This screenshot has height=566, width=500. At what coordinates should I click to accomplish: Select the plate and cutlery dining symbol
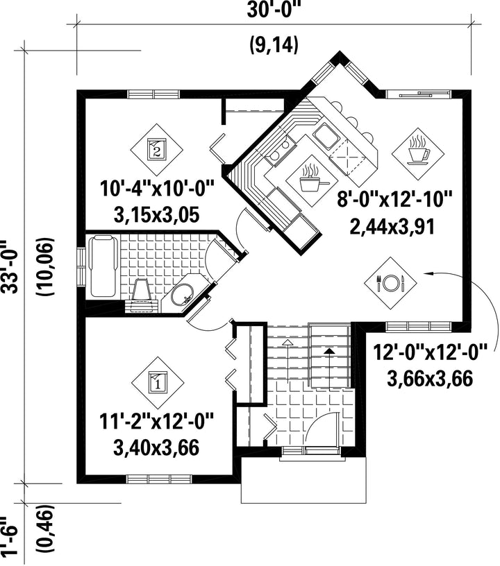390,283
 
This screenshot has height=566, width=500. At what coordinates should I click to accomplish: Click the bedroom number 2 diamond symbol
156,150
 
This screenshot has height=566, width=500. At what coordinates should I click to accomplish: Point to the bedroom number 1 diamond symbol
158,383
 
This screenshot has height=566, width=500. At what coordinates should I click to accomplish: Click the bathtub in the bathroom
103,266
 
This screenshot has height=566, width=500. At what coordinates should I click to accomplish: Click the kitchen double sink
327,137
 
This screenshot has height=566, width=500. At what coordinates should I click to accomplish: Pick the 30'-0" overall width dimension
274,10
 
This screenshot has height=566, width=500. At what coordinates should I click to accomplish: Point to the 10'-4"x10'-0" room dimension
157,189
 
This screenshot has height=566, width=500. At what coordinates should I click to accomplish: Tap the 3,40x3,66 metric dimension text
156,447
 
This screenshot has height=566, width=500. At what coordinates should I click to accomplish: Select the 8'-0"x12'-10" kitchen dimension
394,199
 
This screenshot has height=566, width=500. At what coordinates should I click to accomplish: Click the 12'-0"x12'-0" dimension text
430,352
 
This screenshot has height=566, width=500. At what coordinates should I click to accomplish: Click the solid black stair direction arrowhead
329,350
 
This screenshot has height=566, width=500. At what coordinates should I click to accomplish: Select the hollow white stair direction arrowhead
287,342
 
